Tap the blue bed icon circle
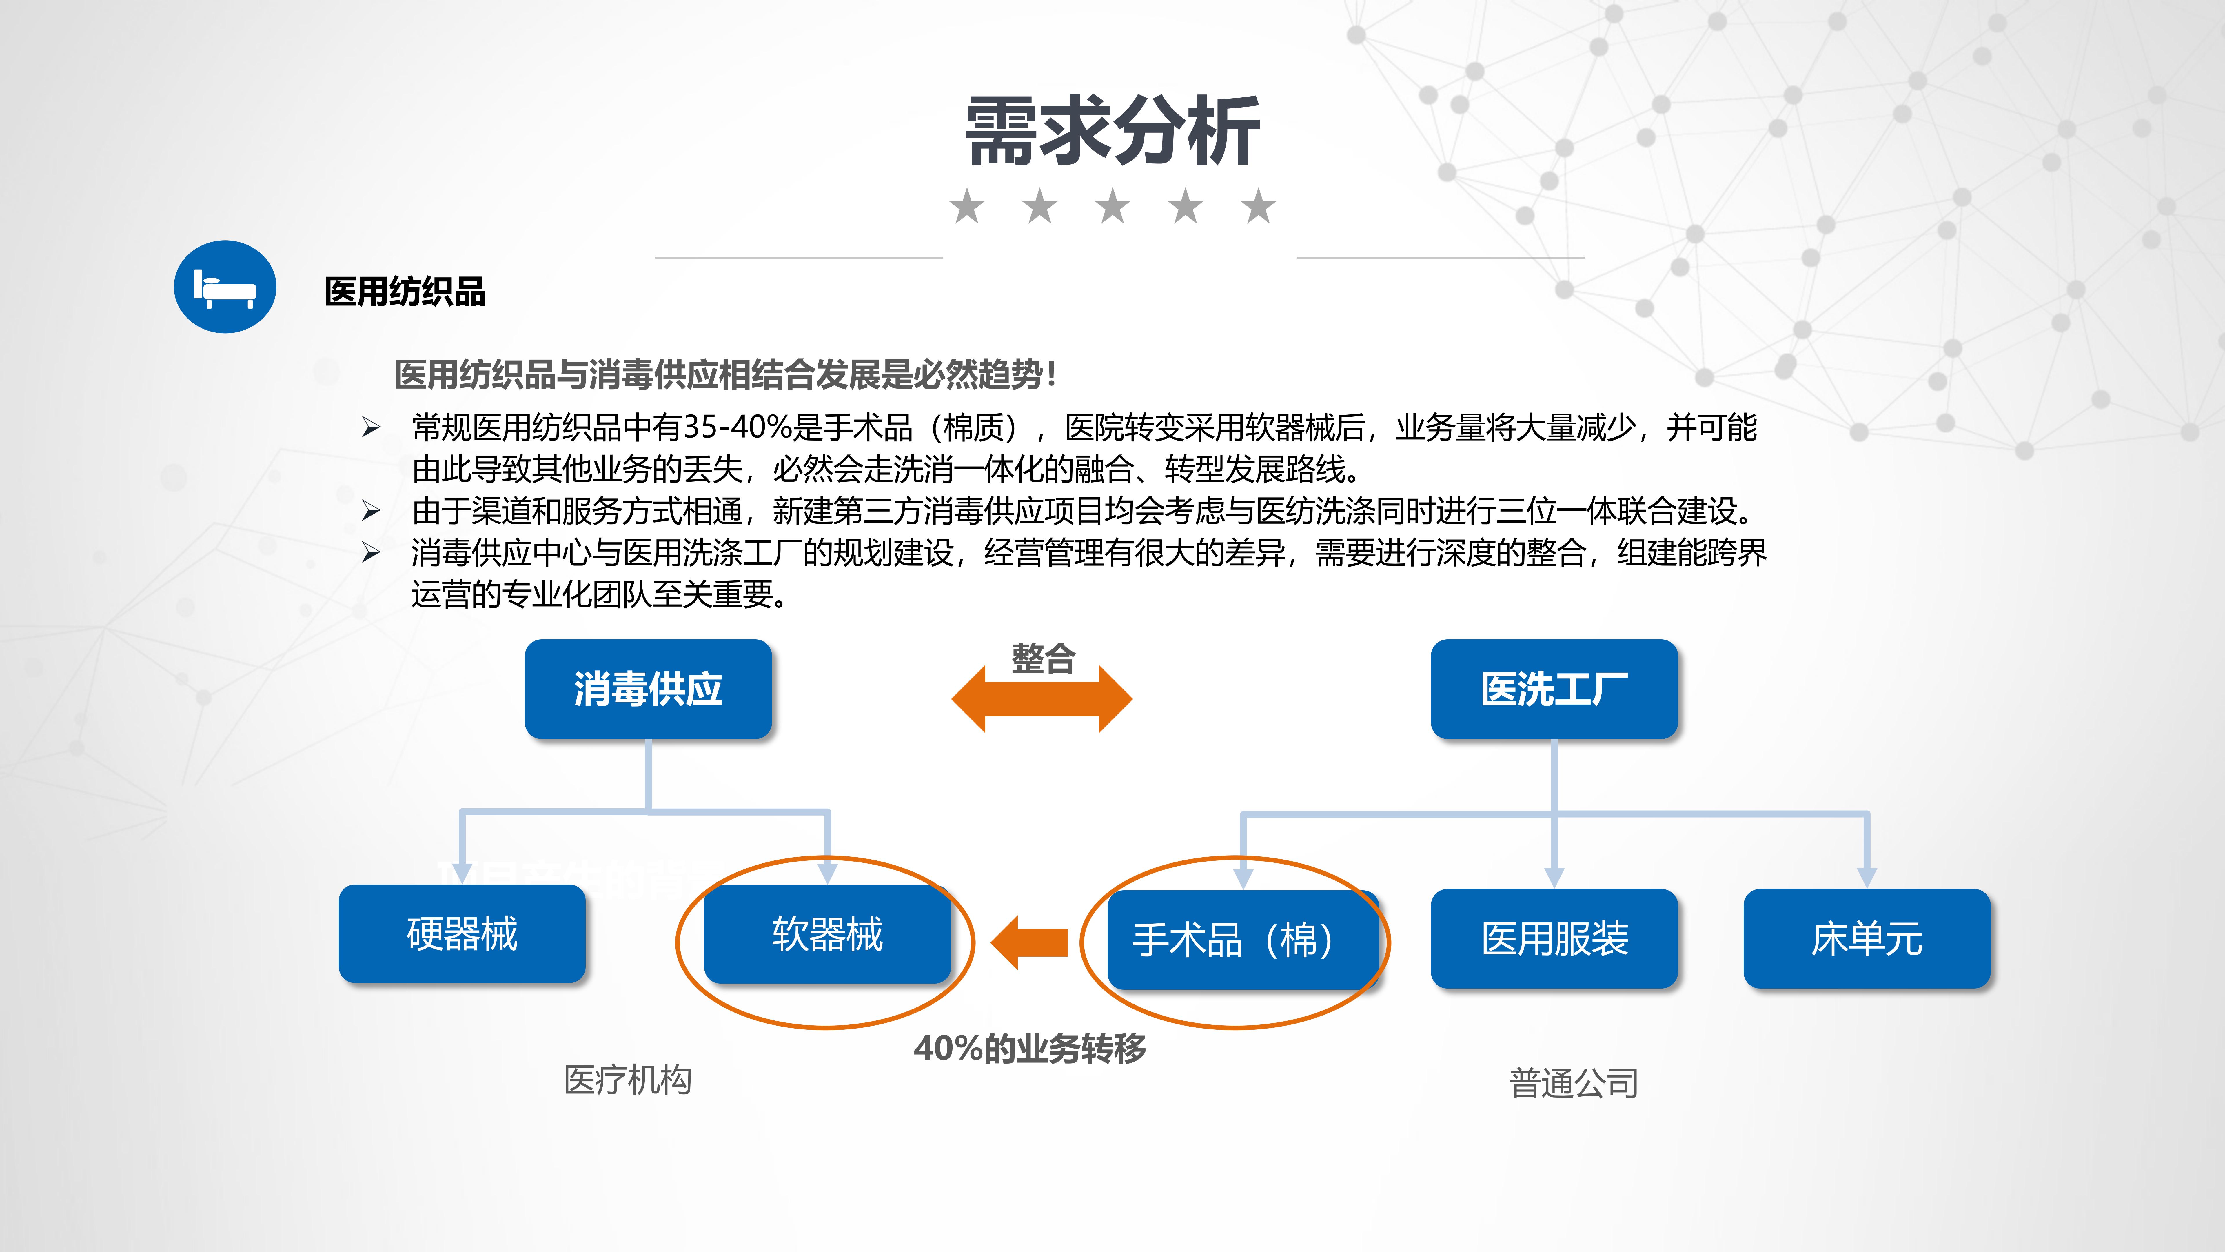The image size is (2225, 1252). point(225,287)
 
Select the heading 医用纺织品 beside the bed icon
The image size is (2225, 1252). point(405,292)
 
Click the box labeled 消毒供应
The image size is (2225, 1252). point(648,689)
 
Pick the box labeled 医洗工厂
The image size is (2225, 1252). point(1554,689)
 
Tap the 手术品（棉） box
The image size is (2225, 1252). point(1242,939)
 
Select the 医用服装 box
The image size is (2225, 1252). point(1554,938)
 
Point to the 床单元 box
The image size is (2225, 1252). point(1867,938)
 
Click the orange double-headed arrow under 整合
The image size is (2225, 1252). point(1042,699)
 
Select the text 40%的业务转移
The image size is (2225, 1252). point(1030,1048)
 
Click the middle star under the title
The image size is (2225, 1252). point(1112,207)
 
